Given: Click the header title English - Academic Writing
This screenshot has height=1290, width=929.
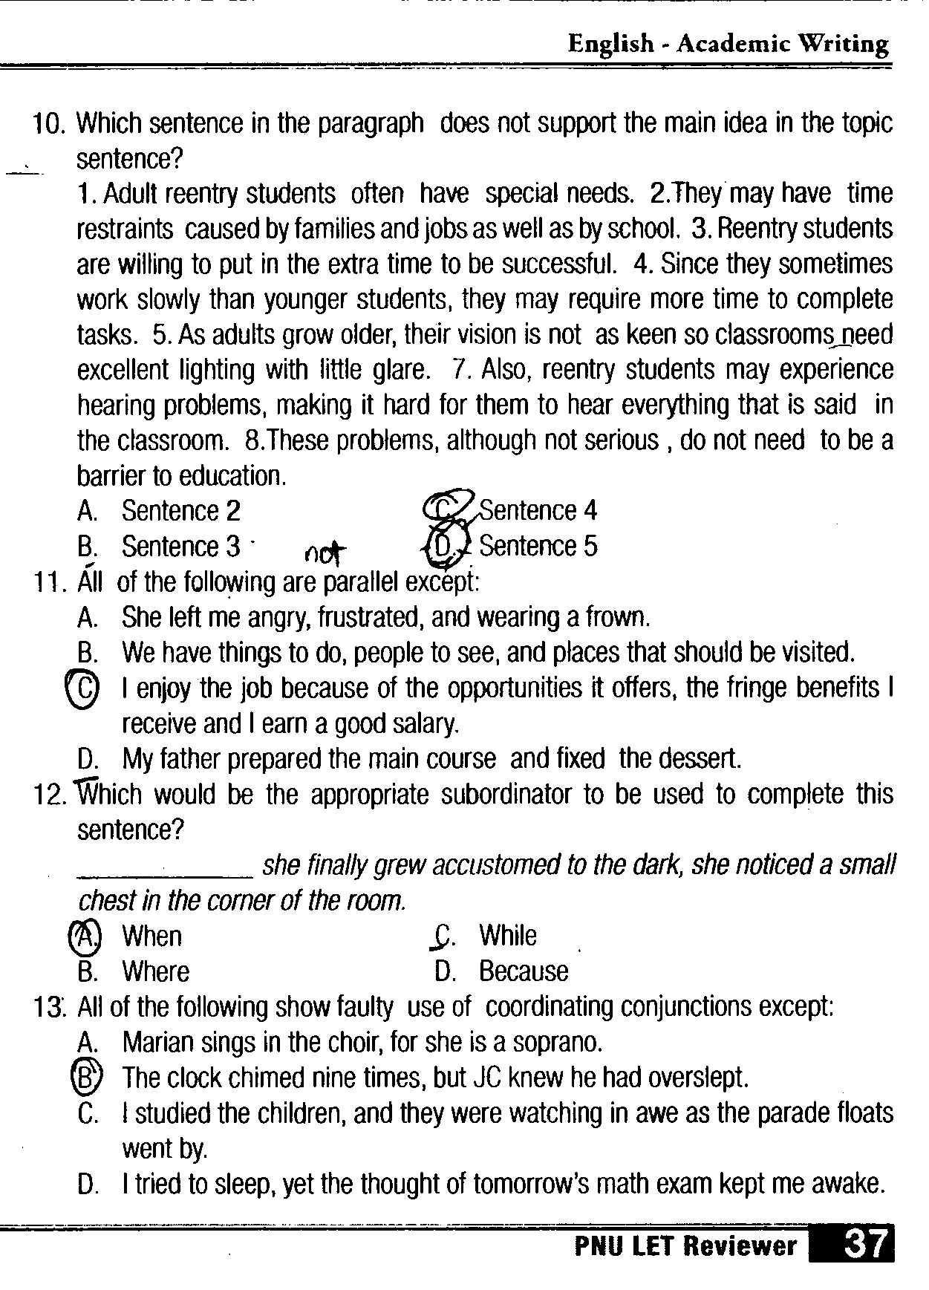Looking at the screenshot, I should click(x=728, y=45).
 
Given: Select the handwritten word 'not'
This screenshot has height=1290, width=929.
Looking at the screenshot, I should click(x=325, y=552).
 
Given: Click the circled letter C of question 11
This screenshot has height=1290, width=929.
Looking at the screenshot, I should click(x=82, y=688).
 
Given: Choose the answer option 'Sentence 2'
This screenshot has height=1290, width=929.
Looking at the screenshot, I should click(x=180, y=511).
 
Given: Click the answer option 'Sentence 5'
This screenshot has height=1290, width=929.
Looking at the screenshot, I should click(x=538, y=547).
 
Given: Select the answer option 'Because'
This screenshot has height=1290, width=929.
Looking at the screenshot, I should click(x=524, y=971).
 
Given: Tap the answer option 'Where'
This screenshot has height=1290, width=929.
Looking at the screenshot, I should click(x=155, y=971).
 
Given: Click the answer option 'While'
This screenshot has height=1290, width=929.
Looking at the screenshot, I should click(x=507, y=936).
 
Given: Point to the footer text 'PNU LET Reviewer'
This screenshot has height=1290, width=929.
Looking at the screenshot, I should click(x=685, y=1246).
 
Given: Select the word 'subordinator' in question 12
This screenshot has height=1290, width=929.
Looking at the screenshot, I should click(x=369, y=795).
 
